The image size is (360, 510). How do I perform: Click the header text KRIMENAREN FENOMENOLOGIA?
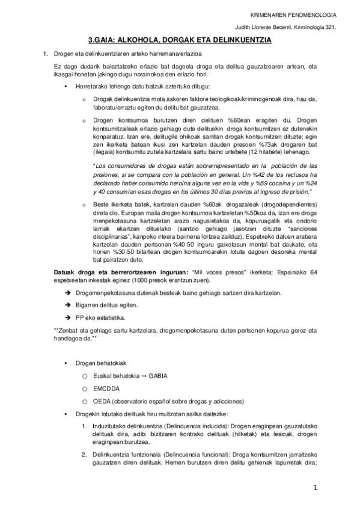(301, 14)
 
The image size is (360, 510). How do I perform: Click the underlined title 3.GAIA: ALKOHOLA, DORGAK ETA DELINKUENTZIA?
(180, 40)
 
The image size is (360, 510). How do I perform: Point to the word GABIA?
(157, 376)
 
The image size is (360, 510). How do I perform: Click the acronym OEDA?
(102, 401)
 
